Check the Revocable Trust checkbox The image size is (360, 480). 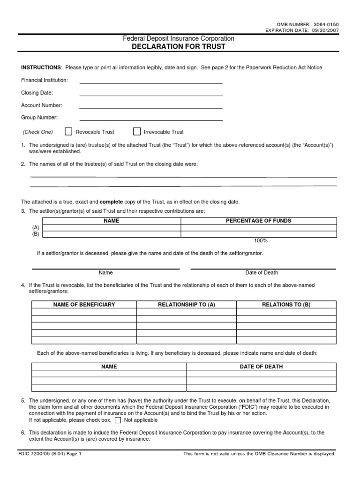[x=68, y=132]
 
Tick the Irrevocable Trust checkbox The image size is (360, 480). [x=137, y=132]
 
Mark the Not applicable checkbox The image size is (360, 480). [x=118, y=420]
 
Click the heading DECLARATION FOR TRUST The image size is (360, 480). [x=178, y=46]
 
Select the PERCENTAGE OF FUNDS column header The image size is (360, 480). [x=259, y=220]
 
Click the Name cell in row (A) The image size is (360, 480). [x=112, y=227]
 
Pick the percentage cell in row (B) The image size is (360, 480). [x=259, y=234]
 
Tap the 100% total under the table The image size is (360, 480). [x=261, y=241]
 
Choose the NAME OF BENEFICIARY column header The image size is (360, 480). [x=84, y=305]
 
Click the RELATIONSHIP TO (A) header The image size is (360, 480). [x=186, y=305]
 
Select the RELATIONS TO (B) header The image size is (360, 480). [x=286, y=305]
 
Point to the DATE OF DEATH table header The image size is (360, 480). [x=261, y=367]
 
